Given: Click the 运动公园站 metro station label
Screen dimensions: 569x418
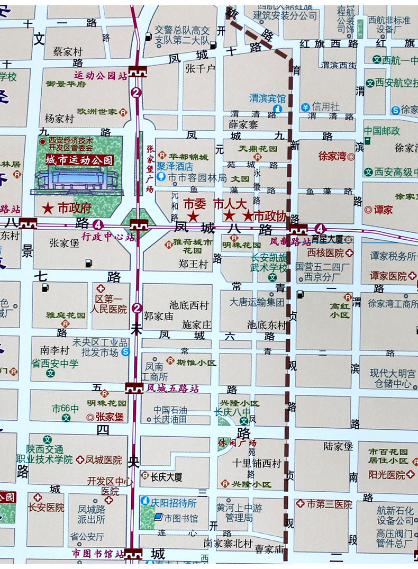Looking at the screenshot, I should pyautogui.click(x=100, y=76).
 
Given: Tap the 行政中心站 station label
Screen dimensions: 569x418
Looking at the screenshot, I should pyautogui.click(x=107, y=237).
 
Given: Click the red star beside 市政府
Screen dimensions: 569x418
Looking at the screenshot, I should pyautogui.click(x=48, y=208).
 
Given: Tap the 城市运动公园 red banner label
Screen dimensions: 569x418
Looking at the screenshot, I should pyautogui.click(x=79, y=160).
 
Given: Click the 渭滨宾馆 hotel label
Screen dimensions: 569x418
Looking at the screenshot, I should pyautogui.click(x=267, y=98).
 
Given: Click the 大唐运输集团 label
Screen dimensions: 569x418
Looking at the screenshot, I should pyautogui.click(x=257, y=302).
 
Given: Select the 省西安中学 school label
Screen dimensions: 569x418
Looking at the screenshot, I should pyautogui.click(x=54, y=364).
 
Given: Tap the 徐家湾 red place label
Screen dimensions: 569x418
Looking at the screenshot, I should pyautogui.click(x=332, y=156).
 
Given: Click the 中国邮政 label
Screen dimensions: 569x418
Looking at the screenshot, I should pyautogui.click(x=382, y=131).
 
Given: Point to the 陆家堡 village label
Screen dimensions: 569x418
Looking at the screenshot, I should pyautogui.click(x=338, y=446).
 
